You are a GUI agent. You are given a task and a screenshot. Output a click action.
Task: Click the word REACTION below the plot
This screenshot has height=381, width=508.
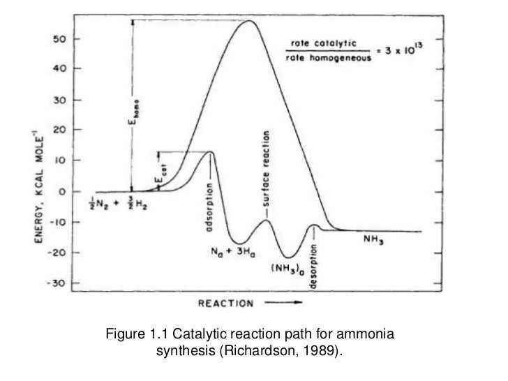(225, 304)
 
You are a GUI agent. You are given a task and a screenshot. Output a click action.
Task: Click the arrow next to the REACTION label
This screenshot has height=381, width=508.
(286, 304)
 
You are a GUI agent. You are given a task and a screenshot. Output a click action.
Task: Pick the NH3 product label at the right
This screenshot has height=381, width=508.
(375, 238)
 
